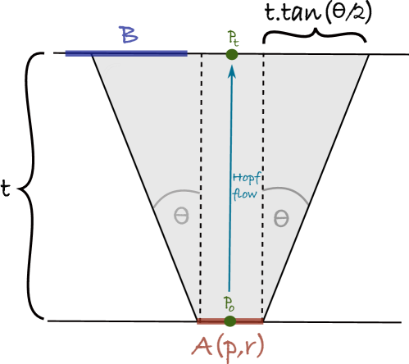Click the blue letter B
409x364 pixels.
click(x=128, y=35)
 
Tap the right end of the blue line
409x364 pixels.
click(x=187, y=53)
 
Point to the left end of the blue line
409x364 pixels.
click(x=66, y=53)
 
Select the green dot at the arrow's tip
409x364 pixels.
click(x=232, y=54)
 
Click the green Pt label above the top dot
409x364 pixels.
click(x=233, y=38)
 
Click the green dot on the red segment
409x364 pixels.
click(x=229, y=321)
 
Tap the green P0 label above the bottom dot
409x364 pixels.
click(x=229, y=303)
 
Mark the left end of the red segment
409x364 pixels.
click(x=198, y=321)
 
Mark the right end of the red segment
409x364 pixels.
click(x=262, y=321)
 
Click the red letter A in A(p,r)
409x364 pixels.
click(x=202, y=345)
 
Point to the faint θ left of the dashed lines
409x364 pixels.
click(x=181, y=217)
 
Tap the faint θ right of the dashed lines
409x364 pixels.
click(x=280, y=219)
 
